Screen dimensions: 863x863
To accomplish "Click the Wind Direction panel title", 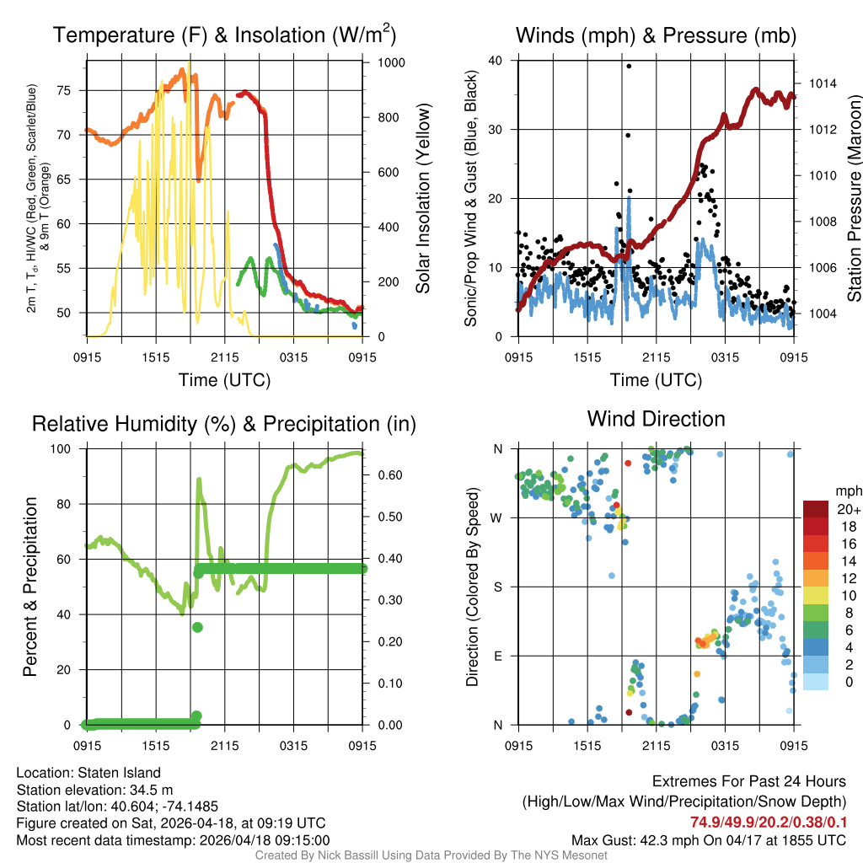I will click(656, 419).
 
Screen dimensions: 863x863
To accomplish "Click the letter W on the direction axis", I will click(497, 517).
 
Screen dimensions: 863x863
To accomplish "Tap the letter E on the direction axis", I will click(498, 656).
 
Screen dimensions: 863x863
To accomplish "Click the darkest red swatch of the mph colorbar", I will click(817, 509).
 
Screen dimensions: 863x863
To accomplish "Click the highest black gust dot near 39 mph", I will click(629, 66).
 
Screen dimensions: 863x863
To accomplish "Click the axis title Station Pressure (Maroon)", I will click(853, 201).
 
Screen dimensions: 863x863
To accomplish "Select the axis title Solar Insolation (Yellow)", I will click(423, 199).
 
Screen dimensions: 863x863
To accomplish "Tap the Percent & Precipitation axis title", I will click(30, 587).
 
